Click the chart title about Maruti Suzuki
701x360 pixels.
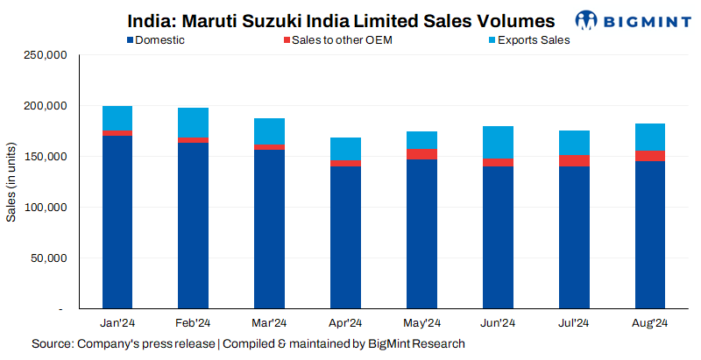(x=341, y=20)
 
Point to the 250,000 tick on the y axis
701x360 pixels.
(x=44, y=55)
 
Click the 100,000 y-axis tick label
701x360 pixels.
(x=44, y=208)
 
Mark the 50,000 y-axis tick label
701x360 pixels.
(x=46, y=258)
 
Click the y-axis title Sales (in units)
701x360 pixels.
(x=11, y=182)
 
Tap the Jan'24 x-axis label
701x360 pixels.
(x=117, y=323)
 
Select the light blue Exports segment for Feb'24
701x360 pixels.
(x=193, y=123)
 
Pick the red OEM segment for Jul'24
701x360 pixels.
(x=573, y=160)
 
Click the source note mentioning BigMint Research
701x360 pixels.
(x=248, y=343)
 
